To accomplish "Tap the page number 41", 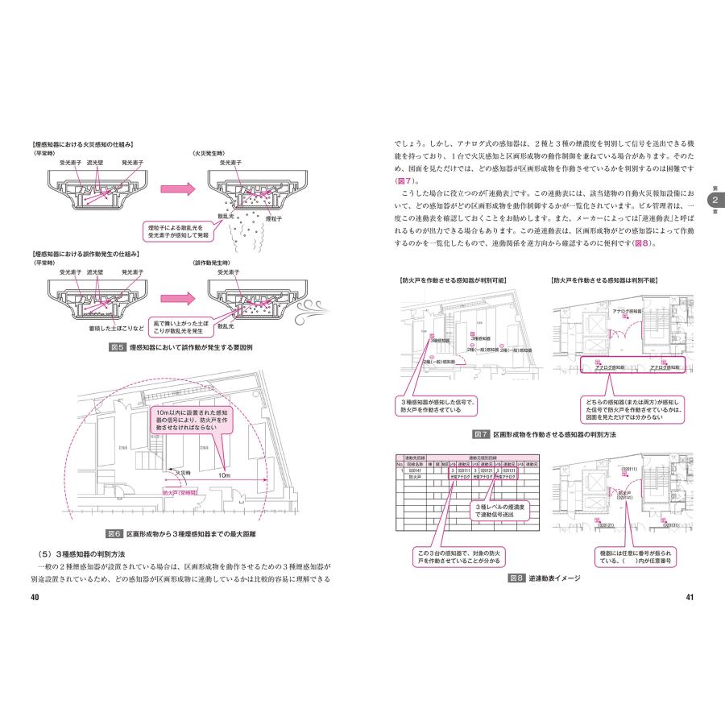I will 690,597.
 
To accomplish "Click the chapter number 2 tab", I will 712,199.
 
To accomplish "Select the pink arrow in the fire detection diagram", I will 176,188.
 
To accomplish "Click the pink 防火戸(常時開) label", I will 184,490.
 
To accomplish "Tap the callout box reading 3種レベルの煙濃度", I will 491,509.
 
